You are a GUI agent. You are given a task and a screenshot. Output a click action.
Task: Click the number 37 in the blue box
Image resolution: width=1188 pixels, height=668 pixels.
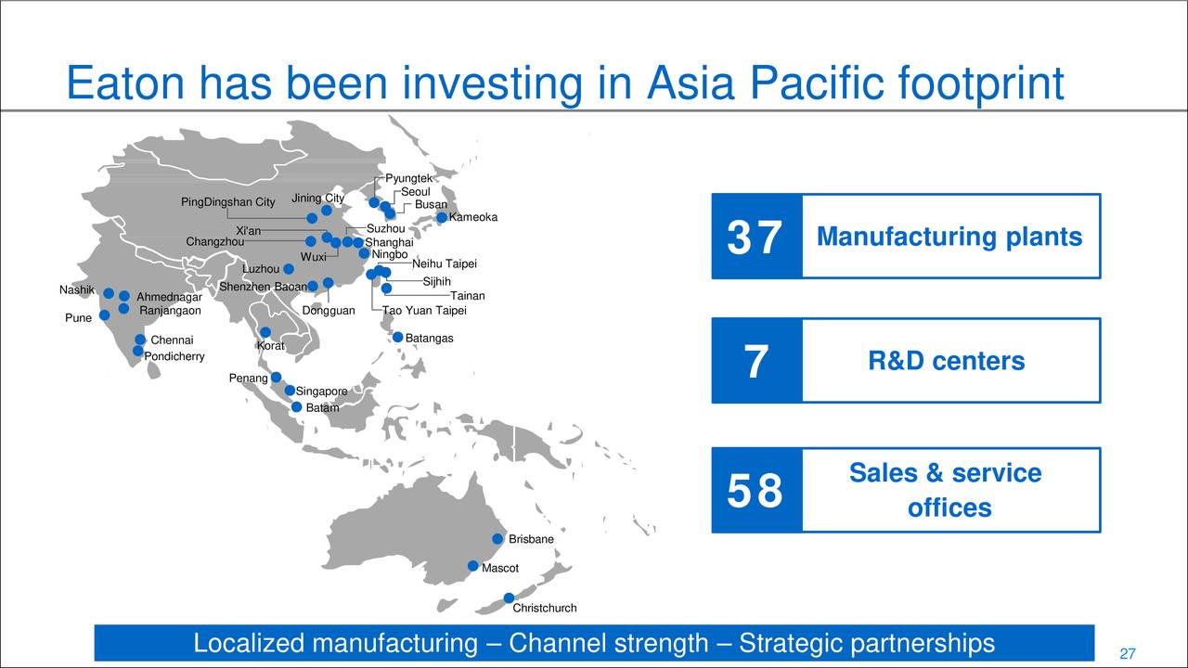(x=755, y=238)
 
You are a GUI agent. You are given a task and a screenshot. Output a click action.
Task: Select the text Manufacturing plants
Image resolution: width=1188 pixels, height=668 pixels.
(x=949, y=237)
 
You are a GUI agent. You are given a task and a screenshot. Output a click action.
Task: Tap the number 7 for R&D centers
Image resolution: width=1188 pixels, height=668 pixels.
(x=755, y=362)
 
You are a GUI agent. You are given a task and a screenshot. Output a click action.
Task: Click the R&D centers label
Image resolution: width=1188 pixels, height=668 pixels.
(x=946, y=361)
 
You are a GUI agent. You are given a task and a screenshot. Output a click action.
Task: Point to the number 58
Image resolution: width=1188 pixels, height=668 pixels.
(x=755, y=492)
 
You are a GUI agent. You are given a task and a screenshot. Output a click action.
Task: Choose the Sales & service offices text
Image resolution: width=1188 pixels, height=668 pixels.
(x=946, y=490)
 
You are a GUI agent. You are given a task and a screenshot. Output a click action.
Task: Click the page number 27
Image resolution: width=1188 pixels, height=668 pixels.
(x=1128, y=653)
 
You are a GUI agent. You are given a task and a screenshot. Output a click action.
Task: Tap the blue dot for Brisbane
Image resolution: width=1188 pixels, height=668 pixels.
(x=497, y=539)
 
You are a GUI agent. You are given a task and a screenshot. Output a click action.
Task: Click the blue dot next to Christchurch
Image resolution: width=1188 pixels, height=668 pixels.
(x=509, y=598)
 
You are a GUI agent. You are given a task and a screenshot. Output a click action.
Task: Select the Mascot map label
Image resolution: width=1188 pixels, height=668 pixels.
(x=499, y=568)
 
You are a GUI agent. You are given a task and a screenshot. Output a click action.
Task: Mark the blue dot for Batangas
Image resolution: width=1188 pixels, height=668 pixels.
(x=397, y=338)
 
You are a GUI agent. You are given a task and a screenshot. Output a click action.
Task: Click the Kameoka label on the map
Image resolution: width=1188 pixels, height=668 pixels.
(x=473, y=217)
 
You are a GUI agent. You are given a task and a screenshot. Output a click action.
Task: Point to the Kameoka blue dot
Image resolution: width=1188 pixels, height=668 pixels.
(x=442, y=218)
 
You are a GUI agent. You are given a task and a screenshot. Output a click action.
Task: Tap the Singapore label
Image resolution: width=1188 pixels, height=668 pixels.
(x=321, y=392)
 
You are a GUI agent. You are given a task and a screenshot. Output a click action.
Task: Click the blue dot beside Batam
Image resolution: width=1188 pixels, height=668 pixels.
(x=296, y=407)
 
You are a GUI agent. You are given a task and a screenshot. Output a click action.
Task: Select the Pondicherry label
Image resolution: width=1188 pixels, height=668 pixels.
(x=174, y=356)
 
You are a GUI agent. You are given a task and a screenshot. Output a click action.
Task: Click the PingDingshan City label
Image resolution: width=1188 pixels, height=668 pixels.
(x=227, y=202)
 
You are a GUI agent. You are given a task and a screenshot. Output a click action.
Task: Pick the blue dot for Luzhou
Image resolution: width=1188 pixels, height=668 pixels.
(x=289, y=269)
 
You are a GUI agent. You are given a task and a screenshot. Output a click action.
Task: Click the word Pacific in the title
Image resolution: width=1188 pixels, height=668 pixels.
(x=818, y=83)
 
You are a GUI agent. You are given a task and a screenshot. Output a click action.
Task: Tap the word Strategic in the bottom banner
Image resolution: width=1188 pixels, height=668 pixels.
(x=789, y=643)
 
